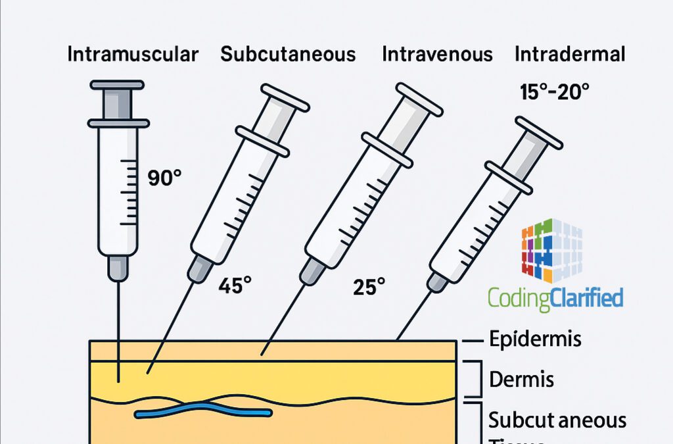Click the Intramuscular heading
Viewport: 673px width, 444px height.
133,54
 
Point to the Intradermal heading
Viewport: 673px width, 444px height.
570,54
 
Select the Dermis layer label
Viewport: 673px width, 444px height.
522,379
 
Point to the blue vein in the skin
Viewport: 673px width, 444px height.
204,412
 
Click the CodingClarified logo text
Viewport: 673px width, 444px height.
555,298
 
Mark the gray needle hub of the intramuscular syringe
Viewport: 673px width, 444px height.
118,266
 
